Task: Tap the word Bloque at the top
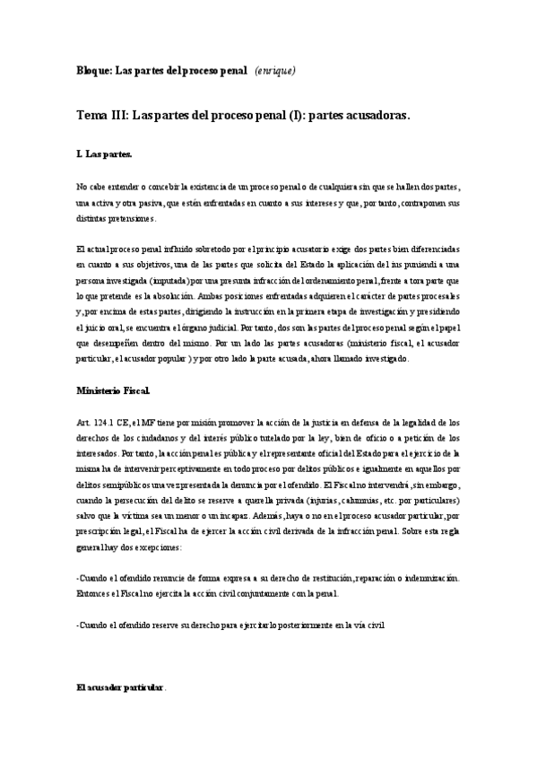click(x=92, y=70)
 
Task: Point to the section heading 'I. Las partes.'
click(x=105, y=155)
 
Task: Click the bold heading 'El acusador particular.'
click(x=120, y=687)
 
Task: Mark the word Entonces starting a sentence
click(x=95, y=592)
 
